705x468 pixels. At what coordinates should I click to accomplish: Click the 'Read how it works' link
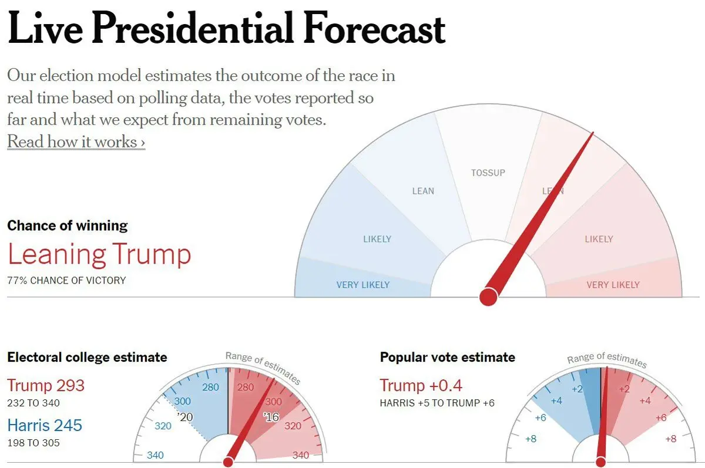pyautogui.click(x=76, y=142)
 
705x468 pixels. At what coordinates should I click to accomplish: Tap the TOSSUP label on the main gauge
pyautogui.click(x=488, y=173)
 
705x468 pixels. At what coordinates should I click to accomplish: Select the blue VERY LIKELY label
pyautogui.click(x=362, y=285)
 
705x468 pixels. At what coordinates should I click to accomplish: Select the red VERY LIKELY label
pyautogui.click(x=613, y=285)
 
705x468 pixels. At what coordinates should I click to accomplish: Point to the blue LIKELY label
pyautogui.click(x=377, y=239)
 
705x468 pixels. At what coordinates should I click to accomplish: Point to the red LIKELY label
pyautogui.click(x=599, y=239)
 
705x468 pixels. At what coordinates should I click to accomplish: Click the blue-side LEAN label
pyautogui.click(x=423, y=191)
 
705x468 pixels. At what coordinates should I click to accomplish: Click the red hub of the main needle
pyautogui.click(x=488, y=297)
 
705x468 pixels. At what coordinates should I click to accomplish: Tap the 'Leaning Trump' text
pyautogui.click(x=99, y=254)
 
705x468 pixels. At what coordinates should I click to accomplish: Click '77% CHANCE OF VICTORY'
pyautogui.click(x=66, y=281)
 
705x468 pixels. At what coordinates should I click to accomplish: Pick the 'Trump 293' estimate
pyautogui.click(x=46, y=386)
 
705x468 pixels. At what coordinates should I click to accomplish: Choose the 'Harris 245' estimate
pyautogui.click(x=45, y=425)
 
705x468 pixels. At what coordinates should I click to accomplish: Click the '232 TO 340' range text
pyautogui.click(x=33, y=403)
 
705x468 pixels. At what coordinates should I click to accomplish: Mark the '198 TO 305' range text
pyautogui.click(x=33, y=443)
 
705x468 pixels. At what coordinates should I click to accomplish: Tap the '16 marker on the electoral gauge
pyautogui.click(x=271, y=417)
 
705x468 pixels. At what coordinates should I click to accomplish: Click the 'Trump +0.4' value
pyautogui.click(x=421, y=386)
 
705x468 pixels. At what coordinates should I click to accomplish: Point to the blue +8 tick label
pyautogui.click(x=530, y=439)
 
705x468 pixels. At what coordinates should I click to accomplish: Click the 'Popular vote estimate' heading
pyautogui.click(x=447, y=357)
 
